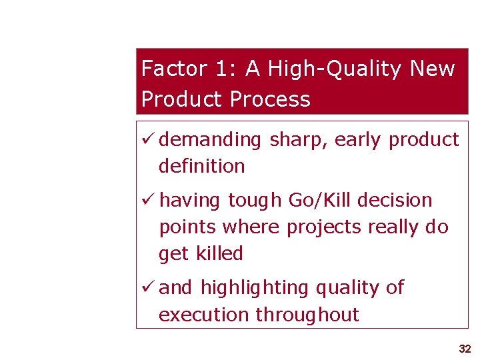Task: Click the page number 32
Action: (x=465, y=349)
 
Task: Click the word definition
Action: (x=202, y=166)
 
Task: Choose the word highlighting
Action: (x=255, y=288)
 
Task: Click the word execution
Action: (x=204, y=315)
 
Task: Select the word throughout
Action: (x=307, y=315)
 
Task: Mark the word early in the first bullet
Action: (x=359, y=140)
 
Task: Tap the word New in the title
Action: (x=433, y=69)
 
